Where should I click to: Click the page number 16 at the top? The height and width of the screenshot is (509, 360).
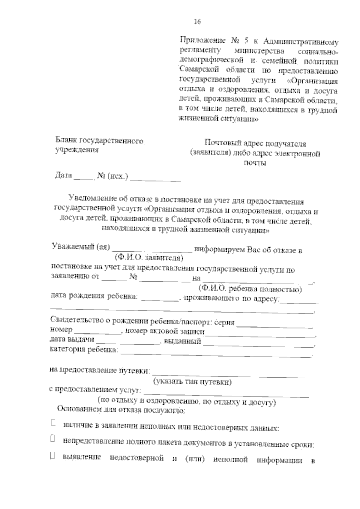point(197,22)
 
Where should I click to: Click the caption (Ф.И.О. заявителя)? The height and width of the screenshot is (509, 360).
point(149,257)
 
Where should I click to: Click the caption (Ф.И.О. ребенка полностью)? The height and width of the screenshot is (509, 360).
point(250,289)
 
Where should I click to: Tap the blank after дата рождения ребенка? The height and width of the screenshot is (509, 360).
point(160,298)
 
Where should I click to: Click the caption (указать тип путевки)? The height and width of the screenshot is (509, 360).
point(192,382)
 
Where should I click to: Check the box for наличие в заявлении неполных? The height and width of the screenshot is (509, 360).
point(53,423)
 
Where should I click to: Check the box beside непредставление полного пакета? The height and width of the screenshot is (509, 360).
point(53,439)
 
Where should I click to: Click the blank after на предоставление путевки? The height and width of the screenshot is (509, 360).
point(229,373)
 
